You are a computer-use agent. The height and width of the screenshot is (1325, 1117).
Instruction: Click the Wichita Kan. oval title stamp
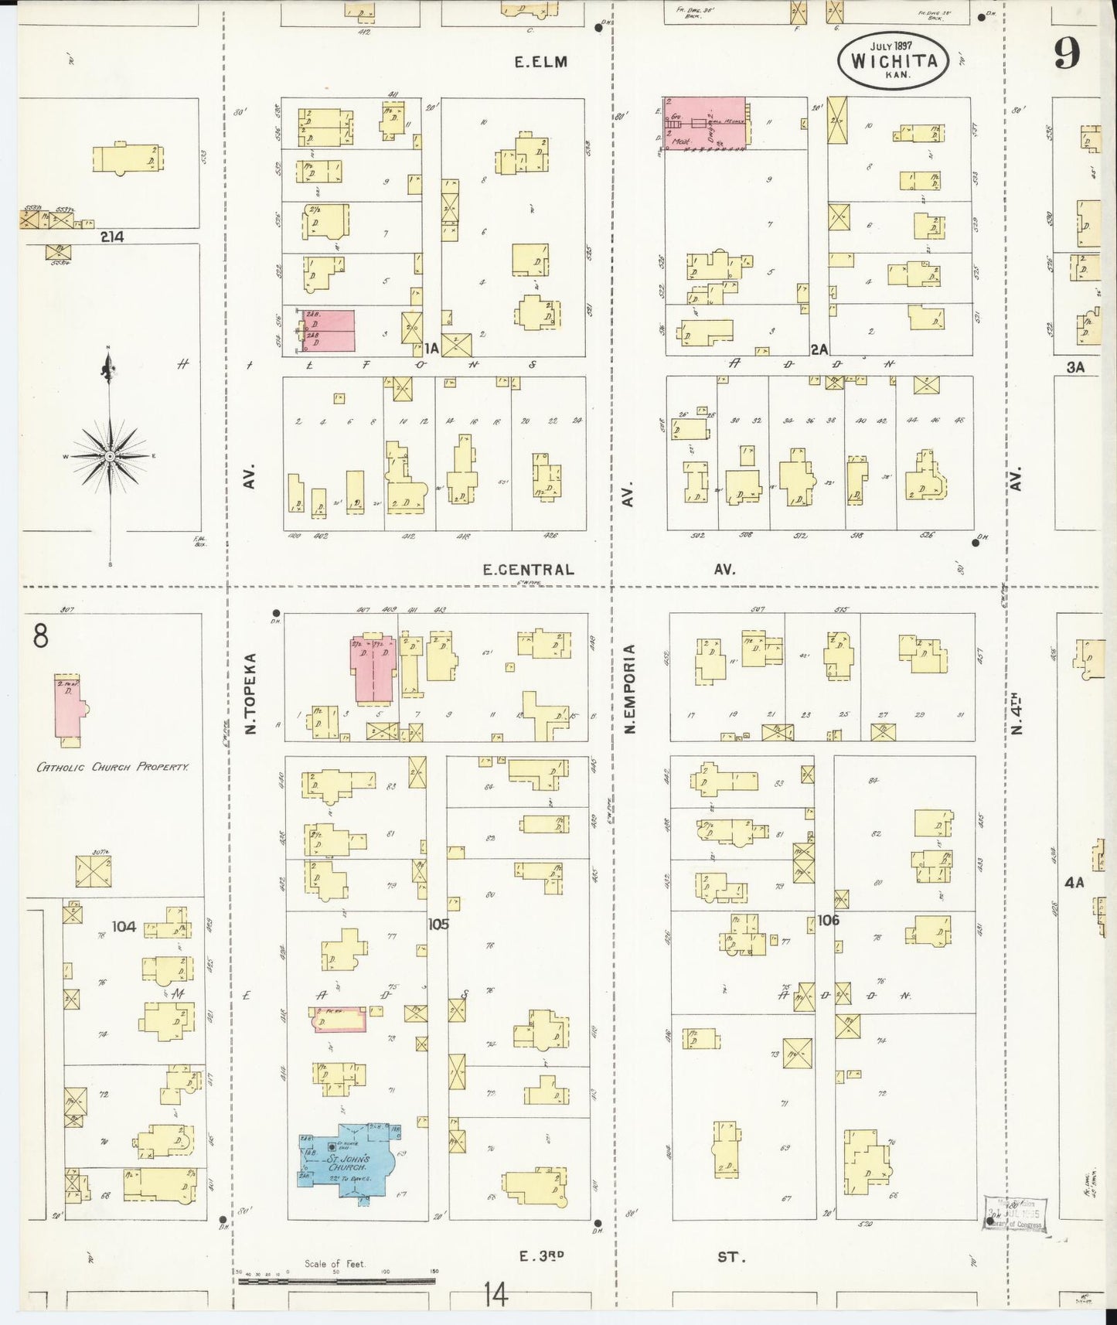click(892, 60)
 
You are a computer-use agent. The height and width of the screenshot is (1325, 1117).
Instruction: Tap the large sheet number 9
click(1067, 53)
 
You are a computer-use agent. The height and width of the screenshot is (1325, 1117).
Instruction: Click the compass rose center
click(110, 457)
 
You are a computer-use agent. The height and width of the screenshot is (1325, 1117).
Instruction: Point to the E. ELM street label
click(541, 62)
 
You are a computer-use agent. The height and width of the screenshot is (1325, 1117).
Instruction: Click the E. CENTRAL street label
click(529, 570)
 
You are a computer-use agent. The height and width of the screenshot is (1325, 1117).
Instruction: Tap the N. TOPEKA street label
click(250, 693)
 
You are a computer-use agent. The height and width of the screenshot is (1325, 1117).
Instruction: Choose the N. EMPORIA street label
click(629, 689)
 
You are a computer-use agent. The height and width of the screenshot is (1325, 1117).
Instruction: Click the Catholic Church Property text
click(113, 767)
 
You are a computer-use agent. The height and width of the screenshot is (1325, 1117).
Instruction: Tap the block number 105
click(438, 924)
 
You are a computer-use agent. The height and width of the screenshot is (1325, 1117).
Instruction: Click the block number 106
click(828, 920)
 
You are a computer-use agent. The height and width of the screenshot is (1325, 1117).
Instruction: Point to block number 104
click(124, 926)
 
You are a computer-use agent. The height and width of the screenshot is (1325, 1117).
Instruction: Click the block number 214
click(112, 237)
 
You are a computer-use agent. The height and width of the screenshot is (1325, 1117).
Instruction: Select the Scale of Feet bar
click(336, 1282)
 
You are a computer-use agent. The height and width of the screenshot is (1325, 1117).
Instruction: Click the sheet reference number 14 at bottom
click(495, 1294)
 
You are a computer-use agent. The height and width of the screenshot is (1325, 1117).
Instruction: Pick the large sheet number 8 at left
click(40, 635)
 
